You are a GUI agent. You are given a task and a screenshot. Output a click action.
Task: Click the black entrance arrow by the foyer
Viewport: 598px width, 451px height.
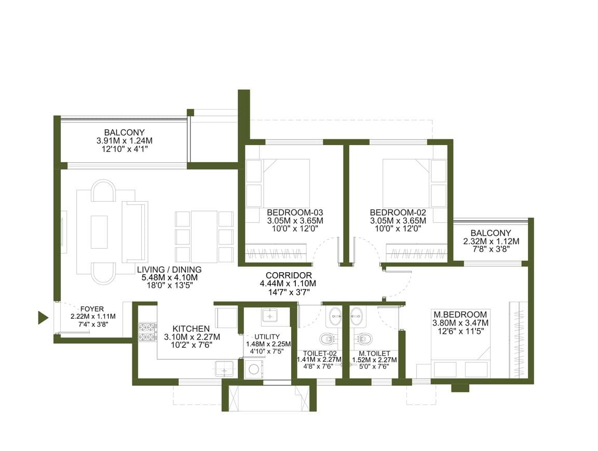coord(43,317)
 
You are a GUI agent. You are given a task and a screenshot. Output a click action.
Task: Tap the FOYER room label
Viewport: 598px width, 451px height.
coord(92,309)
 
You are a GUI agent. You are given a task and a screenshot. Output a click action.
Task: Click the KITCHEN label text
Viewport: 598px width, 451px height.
coord(191,329)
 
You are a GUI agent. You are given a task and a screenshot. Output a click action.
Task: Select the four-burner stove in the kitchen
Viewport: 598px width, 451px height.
coord(147,331)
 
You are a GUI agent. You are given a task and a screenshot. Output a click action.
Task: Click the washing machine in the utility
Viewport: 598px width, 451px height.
coord(253,369)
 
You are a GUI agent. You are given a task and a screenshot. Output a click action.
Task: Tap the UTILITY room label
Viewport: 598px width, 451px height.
coord(267,337)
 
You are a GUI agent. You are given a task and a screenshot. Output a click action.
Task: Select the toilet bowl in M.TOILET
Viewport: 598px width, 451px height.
coord(363,338)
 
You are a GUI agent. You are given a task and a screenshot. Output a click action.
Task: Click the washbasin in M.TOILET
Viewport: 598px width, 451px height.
coord(357,315)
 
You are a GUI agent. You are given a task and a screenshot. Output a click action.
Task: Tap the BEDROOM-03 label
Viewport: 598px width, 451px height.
coord(295,212)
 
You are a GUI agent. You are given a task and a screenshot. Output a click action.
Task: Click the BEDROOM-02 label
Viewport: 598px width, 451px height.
coord(398,212)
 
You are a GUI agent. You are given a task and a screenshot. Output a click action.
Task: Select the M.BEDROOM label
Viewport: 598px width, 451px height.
coord(460,315)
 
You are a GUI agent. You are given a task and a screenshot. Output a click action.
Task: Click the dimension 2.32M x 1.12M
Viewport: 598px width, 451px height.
coord(491,241)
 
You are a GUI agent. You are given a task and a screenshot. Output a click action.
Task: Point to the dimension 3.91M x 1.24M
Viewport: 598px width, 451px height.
coord(125,140)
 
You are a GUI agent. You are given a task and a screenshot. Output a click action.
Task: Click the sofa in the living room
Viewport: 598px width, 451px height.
coord(134,232)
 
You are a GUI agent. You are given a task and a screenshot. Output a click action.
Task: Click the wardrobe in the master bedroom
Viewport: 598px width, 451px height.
coord(519,340)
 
